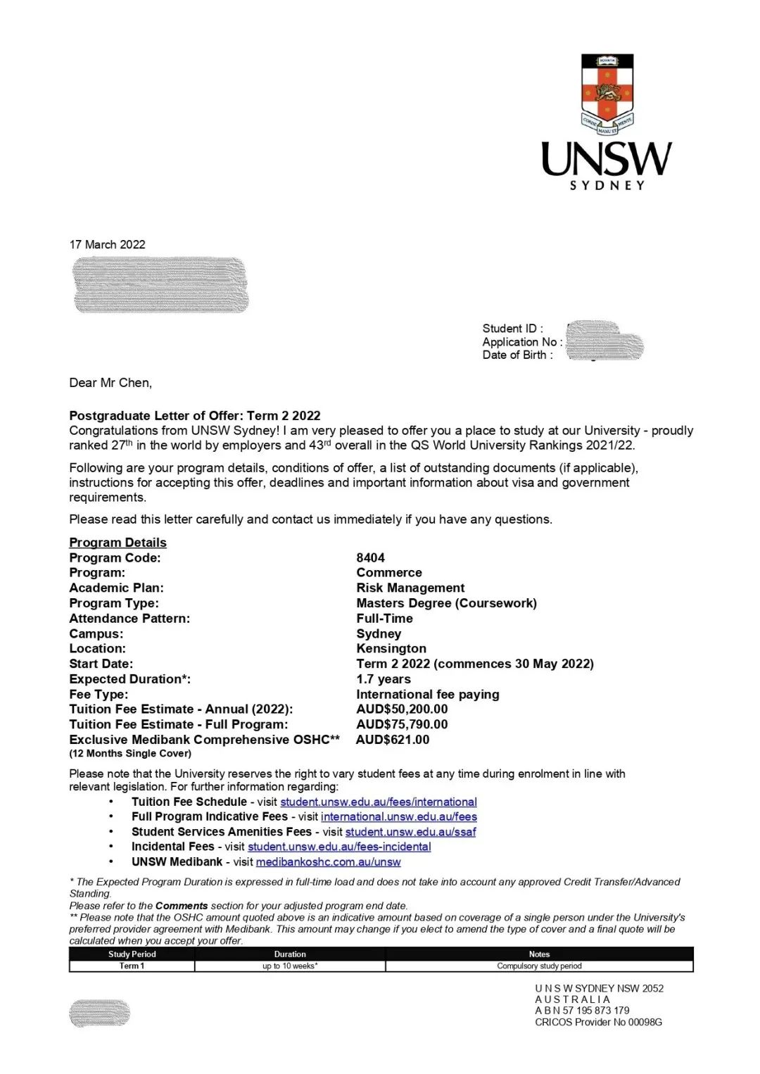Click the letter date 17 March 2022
pos(107,244)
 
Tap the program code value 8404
pos(370,557)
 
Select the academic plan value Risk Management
pos(410,588)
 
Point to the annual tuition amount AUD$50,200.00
pos(402,709)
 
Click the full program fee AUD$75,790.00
pos(402,724)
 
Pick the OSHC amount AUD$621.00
pos(393,740)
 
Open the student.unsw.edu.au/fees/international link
pos(379,802)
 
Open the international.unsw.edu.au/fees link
pos(399,816)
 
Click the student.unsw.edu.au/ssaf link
pos(410,831)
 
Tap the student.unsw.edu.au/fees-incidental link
pos(339,847)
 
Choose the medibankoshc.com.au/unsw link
pos(328,861)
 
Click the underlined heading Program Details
pos(118,543)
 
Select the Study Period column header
pos(132,954)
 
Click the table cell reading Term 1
pos(132,966)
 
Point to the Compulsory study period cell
pos(539,966)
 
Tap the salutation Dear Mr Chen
pos(110,383)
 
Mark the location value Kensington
pos(391,648)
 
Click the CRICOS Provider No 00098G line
pos(598,1022)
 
